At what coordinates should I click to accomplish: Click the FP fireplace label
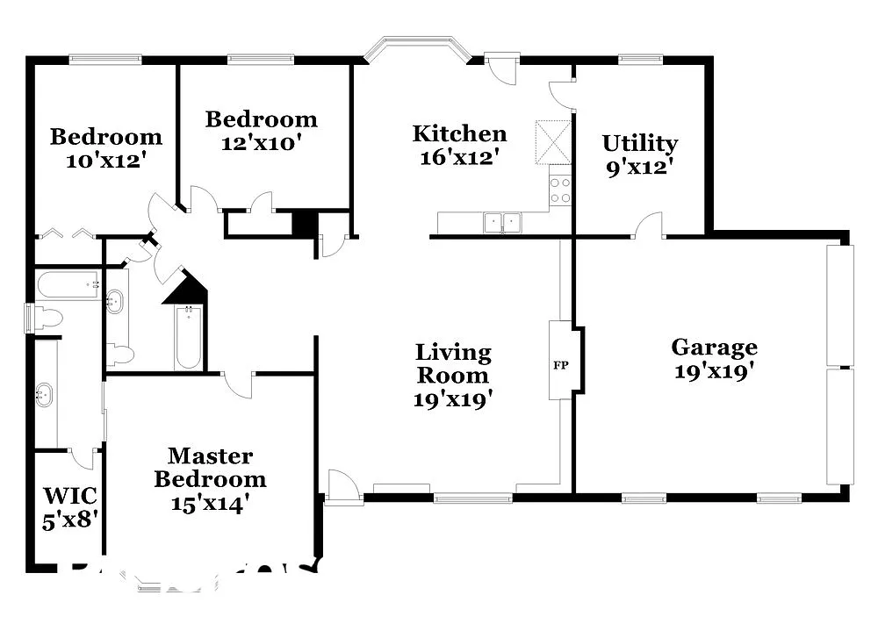(560, 364)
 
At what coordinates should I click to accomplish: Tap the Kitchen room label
(459, 134)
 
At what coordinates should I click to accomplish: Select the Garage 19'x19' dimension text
(714, 371)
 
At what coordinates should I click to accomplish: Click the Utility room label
(639, 143)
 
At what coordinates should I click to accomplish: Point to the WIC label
(69, 498)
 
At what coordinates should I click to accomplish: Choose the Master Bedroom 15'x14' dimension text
(211, 503)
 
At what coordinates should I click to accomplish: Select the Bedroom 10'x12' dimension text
(105, 160)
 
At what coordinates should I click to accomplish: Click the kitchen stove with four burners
(560, 190)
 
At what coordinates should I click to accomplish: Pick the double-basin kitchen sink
(503, 223)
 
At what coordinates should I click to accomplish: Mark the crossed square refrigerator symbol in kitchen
(553, 142)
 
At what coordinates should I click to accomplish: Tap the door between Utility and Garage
(649, 226)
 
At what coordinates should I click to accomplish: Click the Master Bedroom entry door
(238, 383)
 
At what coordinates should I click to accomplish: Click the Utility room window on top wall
(640, 60)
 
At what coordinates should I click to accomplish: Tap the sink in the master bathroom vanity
(43, 396)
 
